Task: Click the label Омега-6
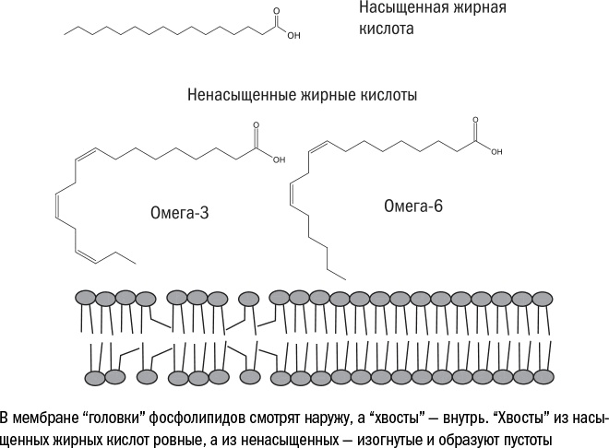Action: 413,206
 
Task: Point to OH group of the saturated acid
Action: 294,39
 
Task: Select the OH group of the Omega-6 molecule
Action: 496,151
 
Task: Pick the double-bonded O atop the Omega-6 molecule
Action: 476,120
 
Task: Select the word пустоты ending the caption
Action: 519,437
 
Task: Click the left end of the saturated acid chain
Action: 65,31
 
